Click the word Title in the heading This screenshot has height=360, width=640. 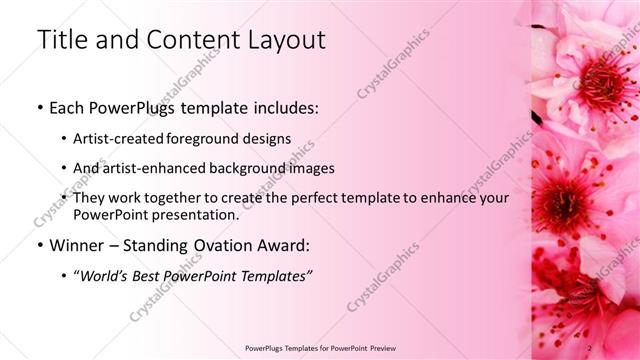59,40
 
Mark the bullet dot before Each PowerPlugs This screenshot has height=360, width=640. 39,108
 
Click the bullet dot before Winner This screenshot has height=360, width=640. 39,245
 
